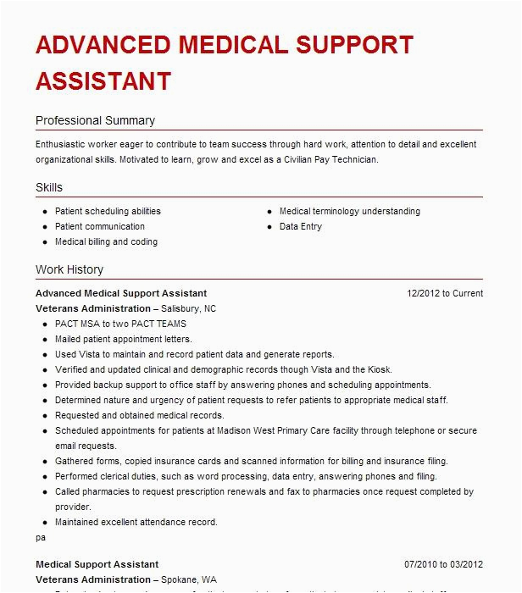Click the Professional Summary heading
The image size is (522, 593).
[x=95, y=120]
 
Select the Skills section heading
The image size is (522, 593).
[x=49, y=187]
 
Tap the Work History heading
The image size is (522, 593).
[x=69, y=269]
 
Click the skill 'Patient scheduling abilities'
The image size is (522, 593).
[x=108, y=211]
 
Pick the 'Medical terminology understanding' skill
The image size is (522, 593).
[x=349, y=211]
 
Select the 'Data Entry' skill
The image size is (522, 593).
[x=301, y=226]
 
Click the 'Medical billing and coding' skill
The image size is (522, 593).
[x=106, y=241]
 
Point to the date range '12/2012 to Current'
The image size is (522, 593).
[x=445, y=293]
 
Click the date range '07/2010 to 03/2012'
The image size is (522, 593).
[x=443, y=564]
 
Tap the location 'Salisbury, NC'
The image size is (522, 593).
[x=186, y=308]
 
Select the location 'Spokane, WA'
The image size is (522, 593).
[x=184, y=579]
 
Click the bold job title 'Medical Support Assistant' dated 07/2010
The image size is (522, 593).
[x=97, y=564]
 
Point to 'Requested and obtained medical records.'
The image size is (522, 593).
[x=140, y=415]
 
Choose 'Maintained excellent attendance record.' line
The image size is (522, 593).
[x=136, y=522]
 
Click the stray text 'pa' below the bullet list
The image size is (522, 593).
[x=41, y=537]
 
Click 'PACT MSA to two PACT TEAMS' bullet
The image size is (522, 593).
[x=120, y=324]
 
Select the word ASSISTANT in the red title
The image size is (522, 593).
[x=103, y=80]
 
